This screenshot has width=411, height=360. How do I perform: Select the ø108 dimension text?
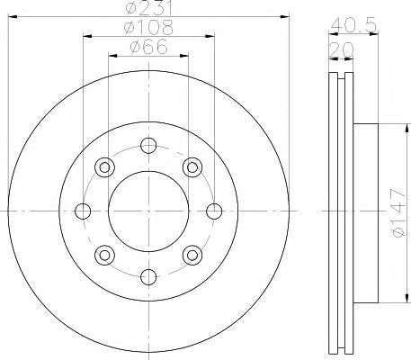pyautogui.click(x=148, y=28)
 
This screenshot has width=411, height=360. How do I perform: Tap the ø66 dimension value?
pyautogui.click(x=148, y=47)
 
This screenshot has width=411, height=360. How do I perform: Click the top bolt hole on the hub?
pyautogui.click(x=149, y=146)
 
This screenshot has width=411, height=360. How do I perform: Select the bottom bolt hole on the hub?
pyautogui.click(x=149, y=276)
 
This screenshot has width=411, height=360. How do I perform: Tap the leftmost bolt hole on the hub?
pyautogui.click(x=84, y=211)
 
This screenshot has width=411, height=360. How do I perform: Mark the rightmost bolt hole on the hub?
pyautogui.click(x=214, y=211)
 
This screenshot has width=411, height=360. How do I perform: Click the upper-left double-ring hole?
pyautogui.click(x=104, y=166)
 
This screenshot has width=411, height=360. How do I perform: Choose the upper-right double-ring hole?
pyautogui.click(x=192, y=166)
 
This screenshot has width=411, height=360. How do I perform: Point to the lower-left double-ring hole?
pyautogui.click(x=104, y=256)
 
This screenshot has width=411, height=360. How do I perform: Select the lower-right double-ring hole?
pyautogui.click(x=192, y=256)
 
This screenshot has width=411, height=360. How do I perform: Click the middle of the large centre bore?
pyautogui.click(x=149, y=211)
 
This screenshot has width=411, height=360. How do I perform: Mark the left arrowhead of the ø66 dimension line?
pyautogui.click(x=113, y=55)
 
